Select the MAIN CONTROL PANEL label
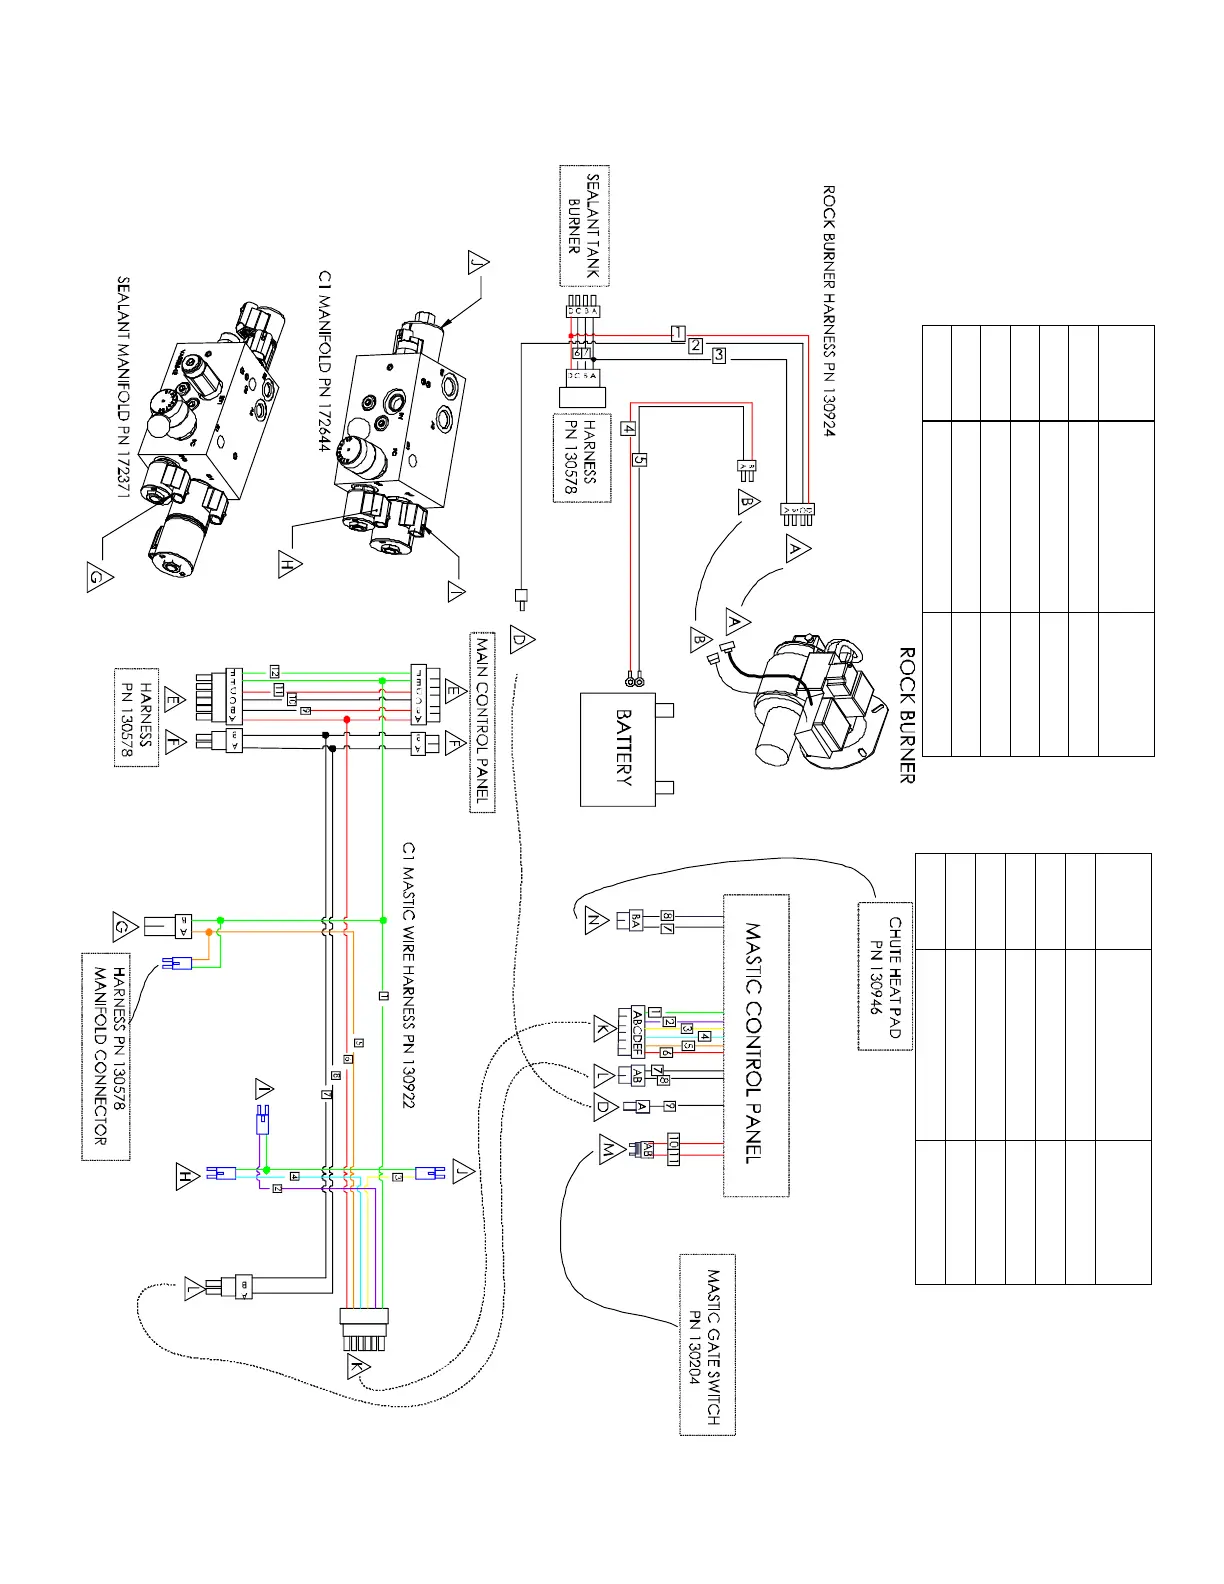[482, 722]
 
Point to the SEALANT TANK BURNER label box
[583, 226]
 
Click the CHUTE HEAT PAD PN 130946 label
[885, 976]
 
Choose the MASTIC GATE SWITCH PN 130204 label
[707, 1345]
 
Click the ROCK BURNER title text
[907, 715]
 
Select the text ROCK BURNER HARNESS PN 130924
[829, 310]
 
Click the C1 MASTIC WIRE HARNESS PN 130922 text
[408, 974]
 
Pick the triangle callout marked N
[596, 920]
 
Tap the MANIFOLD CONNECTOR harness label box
[106, 1056]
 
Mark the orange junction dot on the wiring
[209, 932]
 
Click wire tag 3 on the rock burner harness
[718, 355]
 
